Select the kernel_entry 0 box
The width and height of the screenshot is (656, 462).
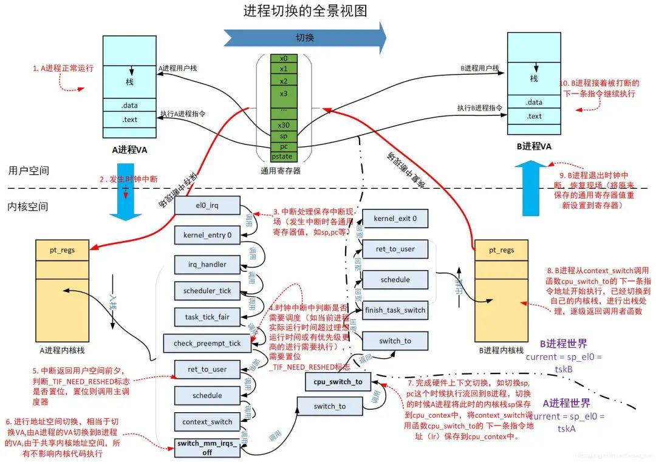(x=207, y=234)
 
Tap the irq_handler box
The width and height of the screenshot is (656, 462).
(x=207, y=264)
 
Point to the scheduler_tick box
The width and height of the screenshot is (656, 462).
(x=207, y=291)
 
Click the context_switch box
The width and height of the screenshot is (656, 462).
(x=207, y=421)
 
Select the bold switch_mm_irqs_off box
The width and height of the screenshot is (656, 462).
(x=207, y=447)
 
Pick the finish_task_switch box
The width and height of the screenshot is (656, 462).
(x=395, y=310)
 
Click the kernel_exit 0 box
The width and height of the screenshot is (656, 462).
(x=395, y=218)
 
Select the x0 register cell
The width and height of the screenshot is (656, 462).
(x=284, y=59)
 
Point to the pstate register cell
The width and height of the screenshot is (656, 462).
(x=284, y=157)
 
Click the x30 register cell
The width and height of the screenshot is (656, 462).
(x=284, y=125)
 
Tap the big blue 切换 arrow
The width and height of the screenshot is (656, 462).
(x=304, y=37)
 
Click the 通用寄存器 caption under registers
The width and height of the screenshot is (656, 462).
(x=284, y=171)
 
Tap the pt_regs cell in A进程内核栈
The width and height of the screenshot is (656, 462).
(x=63, y=250)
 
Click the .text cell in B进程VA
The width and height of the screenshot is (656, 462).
(x=534, y=116)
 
